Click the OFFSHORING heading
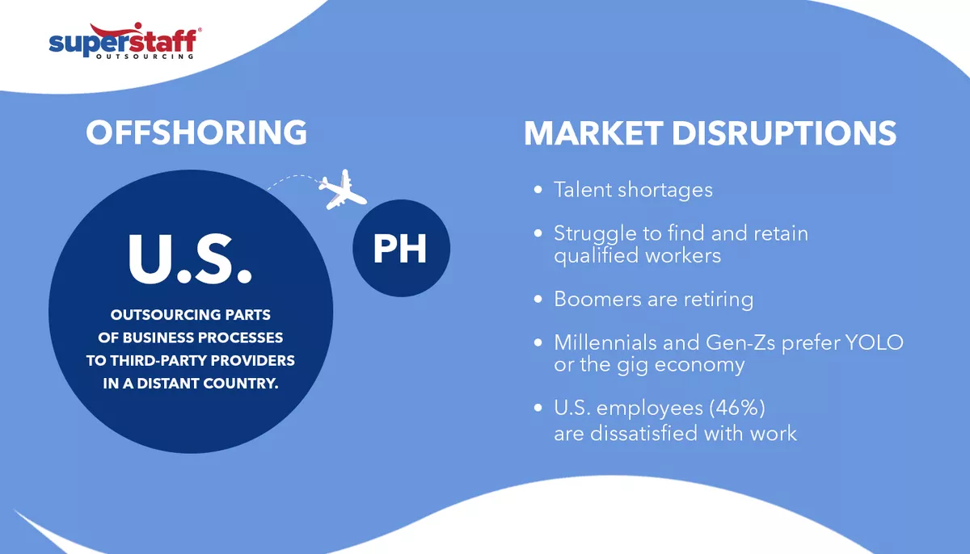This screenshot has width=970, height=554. (x=196, y=132)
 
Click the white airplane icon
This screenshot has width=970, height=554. (x=341, y=190)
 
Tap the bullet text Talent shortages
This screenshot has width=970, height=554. (x=633, y=190)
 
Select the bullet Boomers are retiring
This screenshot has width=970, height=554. (x=653, y=299)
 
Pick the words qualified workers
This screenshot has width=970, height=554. (x=637, y=255)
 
